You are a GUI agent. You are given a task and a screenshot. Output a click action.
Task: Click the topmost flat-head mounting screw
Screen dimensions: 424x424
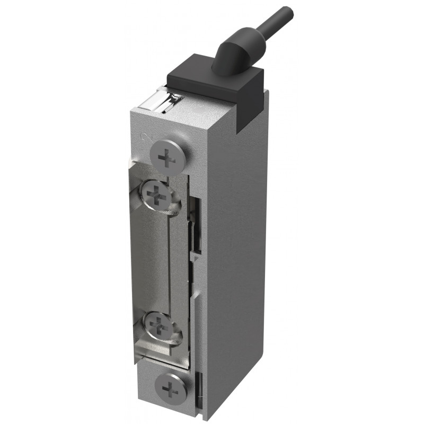(167, 157)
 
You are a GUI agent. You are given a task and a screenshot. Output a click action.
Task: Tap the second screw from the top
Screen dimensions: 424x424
(157, 197)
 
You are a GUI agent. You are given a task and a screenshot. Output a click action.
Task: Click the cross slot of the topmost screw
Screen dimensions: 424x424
(167, 157)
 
